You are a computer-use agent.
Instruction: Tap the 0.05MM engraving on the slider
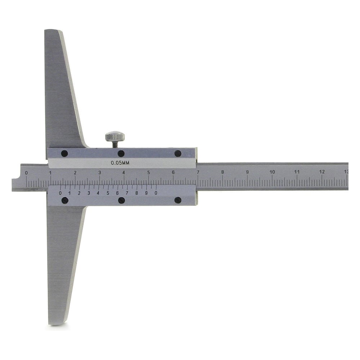click(x=120, y=163)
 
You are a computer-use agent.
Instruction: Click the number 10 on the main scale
click(x=272, y=172)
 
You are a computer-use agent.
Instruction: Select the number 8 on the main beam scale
click(x=222, y=172)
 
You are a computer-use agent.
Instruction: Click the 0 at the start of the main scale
click(x=26, y=173)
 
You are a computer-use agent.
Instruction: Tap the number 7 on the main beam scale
click(x=198, y=172)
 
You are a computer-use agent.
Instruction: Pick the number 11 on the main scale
click(x=297, y=172)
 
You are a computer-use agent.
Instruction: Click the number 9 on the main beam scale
click(x=247, y=172)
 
